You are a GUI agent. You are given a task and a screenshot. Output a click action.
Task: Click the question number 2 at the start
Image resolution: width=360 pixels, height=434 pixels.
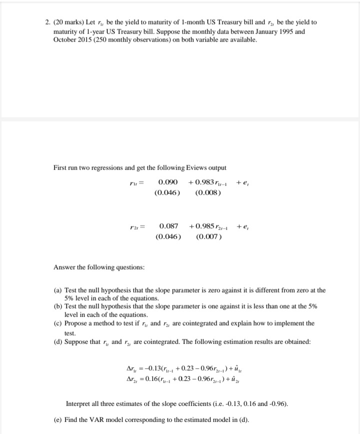tap(46, 23)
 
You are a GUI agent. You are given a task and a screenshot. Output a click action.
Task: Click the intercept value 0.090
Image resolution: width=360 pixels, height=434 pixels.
tap(168, 182)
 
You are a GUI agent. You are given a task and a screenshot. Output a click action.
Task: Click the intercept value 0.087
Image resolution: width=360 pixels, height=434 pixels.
tap(168, 226)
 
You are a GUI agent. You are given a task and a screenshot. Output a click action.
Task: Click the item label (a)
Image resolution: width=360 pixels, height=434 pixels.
tap(58, 290)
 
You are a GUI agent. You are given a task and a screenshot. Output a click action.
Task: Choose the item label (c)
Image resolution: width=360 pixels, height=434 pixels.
tap(58, 323)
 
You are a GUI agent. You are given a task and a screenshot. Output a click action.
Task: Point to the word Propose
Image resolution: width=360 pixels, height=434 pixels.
tap(77, 323)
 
